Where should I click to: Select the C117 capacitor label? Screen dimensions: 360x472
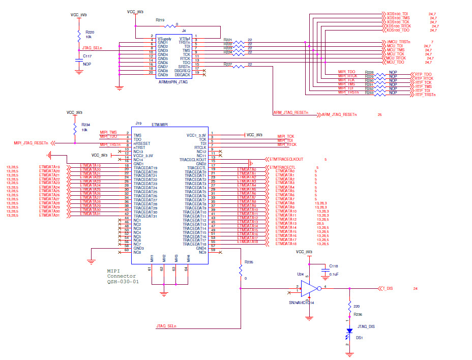click(x=87, y=56)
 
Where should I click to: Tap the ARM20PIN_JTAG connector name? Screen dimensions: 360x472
click(x=173, y=81)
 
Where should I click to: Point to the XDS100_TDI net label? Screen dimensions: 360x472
click(x=398, y=14)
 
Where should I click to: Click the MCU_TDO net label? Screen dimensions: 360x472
click(x=396, y=62)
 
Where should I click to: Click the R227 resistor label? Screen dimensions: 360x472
click(x=228, y=64)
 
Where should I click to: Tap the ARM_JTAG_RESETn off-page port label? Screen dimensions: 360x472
click(x=340, y=115)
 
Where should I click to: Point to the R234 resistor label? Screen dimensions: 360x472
click(x=85, y=125)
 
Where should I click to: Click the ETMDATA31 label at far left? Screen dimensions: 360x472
click(x=49, y=216)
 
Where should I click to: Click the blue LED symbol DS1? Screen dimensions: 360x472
click(x=349, y=331)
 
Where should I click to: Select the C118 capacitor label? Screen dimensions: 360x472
click(x=333, y=266)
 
